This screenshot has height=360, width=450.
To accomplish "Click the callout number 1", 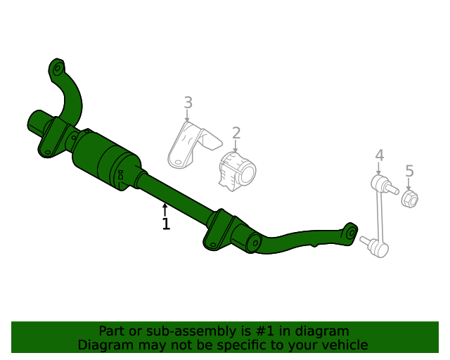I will coord(166,224).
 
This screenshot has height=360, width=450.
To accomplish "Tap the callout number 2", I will coord(236,132).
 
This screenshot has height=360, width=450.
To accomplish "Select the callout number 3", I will coord(188,103).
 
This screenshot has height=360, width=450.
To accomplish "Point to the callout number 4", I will coord(379,155).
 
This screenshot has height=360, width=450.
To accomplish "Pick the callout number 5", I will coord(409,170).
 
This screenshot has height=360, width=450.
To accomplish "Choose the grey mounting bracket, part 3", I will coord(188,145).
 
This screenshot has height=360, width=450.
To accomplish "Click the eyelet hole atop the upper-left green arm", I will coord(58,68).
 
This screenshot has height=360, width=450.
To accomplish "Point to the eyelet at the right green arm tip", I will coord(349,233).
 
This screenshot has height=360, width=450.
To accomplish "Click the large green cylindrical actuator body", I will coord(105,160).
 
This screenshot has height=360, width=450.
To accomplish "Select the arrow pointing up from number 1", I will coord(165,210).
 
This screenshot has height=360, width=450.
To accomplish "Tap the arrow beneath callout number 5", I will coord(409,183).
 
